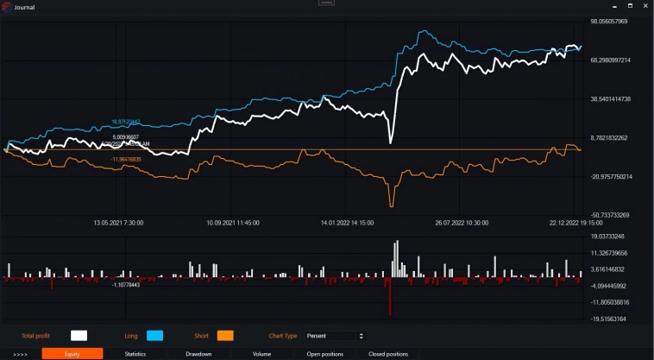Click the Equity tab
coord(72,353)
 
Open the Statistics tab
coord(135,353)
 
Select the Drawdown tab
coord(198,353)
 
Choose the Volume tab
coord(261,353)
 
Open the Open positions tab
coord(325,353)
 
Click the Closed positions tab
coord(388,353)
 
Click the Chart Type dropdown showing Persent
coord(336,335)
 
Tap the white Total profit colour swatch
coord(79,335)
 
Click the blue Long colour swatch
coord(155,335)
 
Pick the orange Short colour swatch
coord(225,335)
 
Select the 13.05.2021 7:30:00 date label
coord(118,223)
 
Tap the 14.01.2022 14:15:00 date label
coord(347,223)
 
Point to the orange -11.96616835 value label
coord(126,159)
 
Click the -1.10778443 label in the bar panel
coord(126,284)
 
